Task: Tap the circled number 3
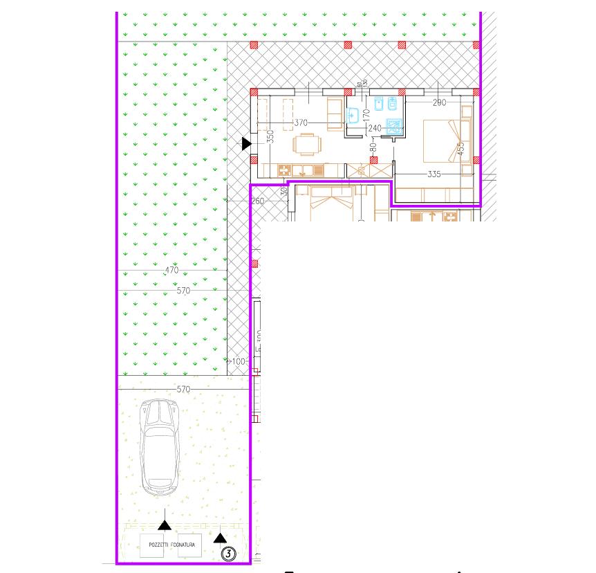pos(227,553)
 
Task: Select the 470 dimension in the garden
pos(171,271)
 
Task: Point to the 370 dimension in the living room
pos(300,122)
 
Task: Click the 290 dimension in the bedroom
pos(438,103)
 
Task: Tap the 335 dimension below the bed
pos(434,174)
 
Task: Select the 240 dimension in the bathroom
pos(375,128)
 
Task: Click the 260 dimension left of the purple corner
pos(259,201)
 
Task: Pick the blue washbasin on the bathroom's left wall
pos(353,116)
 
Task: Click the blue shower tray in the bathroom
pos(394,127)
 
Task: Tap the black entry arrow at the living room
pos(247,144)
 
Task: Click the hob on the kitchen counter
pos(284,170)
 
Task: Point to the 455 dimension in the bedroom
pos(460,149)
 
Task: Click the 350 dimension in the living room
pos(271,137)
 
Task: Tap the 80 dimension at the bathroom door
pos(373,147)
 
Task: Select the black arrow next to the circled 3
pos(219,537)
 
